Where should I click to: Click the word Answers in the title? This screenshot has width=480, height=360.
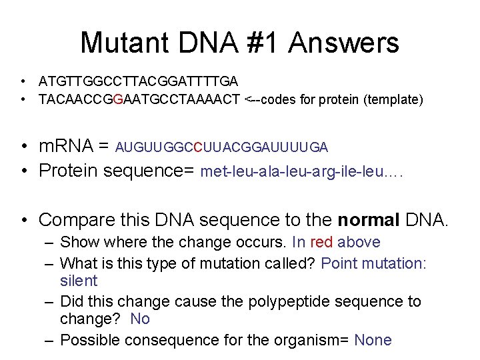[x=344, y=43]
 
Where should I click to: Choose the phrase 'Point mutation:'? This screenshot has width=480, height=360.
[x=373, y=263]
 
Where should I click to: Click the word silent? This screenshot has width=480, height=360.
[x=79, y=281]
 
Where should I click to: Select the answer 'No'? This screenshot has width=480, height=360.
[x=140, y=319]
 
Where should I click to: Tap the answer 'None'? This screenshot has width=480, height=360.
[x=373, y=340]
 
